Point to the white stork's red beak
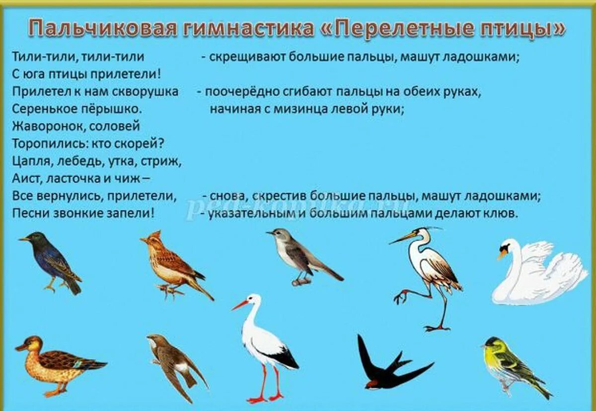click(x=240, y=305)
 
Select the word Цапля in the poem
click(x=29, y=161)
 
